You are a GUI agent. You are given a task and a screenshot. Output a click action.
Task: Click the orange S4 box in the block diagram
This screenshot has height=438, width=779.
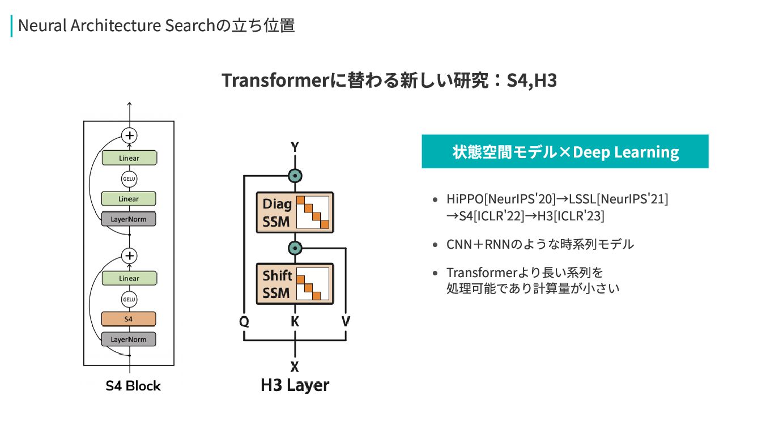[x=129, y=319]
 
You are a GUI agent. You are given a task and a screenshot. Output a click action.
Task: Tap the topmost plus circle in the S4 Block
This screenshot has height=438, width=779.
[x=130, y=135]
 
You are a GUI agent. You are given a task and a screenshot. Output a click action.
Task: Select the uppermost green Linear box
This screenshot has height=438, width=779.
[x=129, y=158]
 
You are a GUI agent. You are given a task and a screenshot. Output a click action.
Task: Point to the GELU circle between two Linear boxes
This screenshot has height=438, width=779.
[x=129, y=179]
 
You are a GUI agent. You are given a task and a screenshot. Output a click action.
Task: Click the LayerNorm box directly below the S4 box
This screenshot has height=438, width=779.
[x=129, y=339]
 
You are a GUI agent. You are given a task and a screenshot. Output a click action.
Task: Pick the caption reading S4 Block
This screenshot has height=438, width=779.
[x=133, y=386]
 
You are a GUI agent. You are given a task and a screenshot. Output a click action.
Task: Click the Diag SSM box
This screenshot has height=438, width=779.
[x=295, y=212]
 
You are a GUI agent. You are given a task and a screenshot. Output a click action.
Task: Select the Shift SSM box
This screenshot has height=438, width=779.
[x=295, y=284]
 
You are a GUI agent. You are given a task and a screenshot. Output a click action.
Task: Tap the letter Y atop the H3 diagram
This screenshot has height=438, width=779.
[x=295, y=147]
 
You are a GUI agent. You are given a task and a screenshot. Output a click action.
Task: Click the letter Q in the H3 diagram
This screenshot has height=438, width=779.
[x=244, y=322]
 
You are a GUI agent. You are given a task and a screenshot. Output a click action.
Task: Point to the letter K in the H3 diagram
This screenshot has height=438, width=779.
[x=295, y=322]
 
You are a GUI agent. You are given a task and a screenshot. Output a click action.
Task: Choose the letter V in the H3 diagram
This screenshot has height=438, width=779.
[x=346, y=322]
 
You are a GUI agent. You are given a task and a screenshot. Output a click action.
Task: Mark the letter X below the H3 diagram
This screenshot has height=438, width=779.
[x=295, y=367]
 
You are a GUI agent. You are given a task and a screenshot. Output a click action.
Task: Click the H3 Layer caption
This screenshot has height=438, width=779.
[x=295, y=386]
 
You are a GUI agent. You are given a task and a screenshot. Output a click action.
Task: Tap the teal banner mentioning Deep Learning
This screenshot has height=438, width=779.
[x=565, y=152]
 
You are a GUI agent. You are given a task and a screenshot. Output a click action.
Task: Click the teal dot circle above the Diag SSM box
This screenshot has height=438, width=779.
[x=295, y=176]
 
